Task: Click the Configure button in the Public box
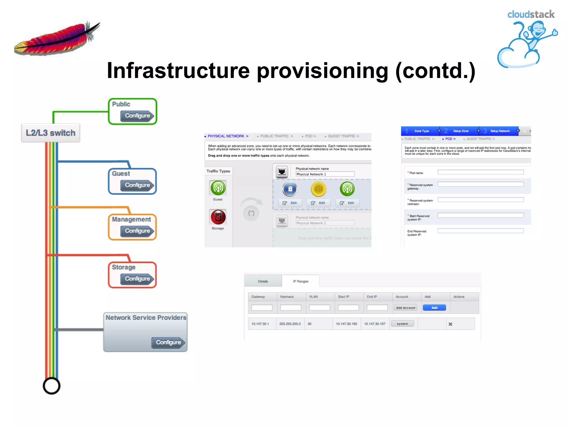pyautogui.click(x=137, y=116)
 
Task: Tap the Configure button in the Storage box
pyautogui.click(x=137, y=279)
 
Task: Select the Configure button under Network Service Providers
pyautogui.click(x=168, y=343)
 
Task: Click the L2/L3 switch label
pyautogui.click(x=51, y=133)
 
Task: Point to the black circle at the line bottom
pyautogui.click(x=52, y=386)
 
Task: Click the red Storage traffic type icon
pyautogui.click(x=218, y=217)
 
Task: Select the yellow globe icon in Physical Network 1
pyautogui.click(x=318, y=189)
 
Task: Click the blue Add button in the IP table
pyautogui.click(x=434, y=308)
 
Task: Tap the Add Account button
pyautogui.click(x=405, y=308)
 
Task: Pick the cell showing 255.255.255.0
pyautogui.click(x=290, y=324)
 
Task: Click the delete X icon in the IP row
pyautogui.click(x=450, y=324)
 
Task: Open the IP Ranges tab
pyautogui.click(x=301, y=281)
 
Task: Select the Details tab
pyautogui.click(x=263, y=281)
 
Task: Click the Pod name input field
pyautogui.click(x=480, y=172)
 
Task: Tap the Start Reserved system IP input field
pyautogui.click(x=480, y=215)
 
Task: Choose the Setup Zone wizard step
pyautogui.click(x=461, y=131)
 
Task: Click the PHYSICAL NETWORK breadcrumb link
pyautogui.click(x=226, y=136)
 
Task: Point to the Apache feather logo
pyautogui.click(x=57, y=39)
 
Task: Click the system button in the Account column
pyautogui.click(x=402, y=324)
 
